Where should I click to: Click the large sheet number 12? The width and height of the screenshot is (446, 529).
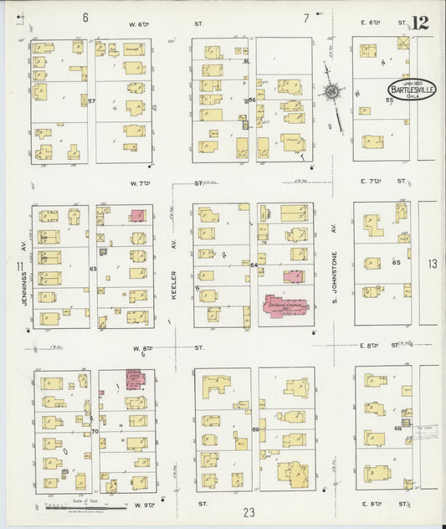(x=420, y=22)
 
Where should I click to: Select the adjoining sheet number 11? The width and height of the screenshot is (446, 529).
(x=18, y=266)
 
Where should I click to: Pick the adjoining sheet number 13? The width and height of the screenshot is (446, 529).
(x=432, y=264)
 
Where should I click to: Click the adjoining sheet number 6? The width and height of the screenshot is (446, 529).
(x=85, y=17)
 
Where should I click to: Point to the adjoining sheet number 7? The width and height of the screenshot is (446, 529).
(x=306, y=17)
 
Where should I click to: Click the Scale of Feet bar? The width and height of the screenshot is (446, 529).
(x=64, y=505)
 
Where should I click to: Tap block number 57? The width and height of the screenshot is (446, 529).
(x=93, y=100)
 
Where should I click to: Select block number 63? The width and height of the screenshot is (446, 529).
(x=94, y=269)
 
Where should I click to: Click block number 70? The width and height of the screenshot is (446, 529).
(x=95, y=432)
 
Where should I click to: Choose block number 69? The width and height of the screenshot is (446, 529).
(x=254, y=429)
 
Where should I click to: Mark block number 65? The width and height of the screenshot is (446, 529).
(x=397, y=262)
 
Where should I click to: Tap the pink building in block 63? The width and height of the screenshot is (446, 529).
(x=136, y=215)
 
